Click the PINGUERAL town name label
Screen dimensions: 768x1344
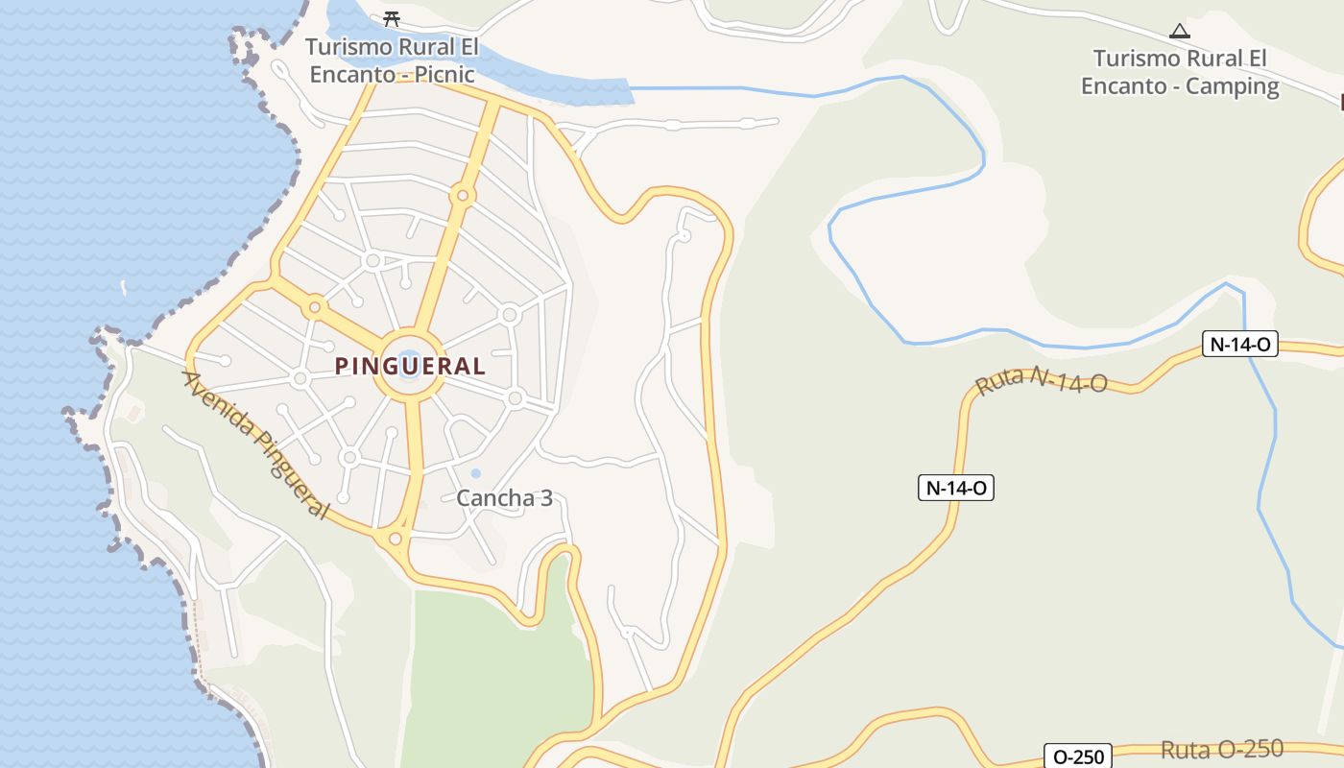click(410, 366)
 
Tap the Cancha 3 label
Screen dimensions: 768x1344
click(504, 498)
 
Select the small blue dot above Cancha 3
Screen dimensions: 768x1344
click(475, 473)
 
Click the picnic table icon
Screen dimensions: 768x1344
click(391, 18)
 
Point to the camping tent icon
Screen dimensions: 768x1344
click(1180, 31)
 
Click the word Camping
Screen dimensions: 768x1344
click(1233, 86)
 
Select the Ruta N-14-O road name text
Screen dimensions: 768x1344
click(1042, 381)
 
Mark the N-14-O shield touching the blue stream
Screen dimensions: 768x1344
click(1240, 344)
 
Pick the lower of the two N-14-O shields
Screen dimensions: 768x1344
click(955, 488)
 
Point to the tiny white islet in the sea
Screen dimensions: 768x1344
click(123, 287)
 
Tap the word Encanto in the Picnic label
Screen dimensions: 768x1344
click(351, 74)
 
